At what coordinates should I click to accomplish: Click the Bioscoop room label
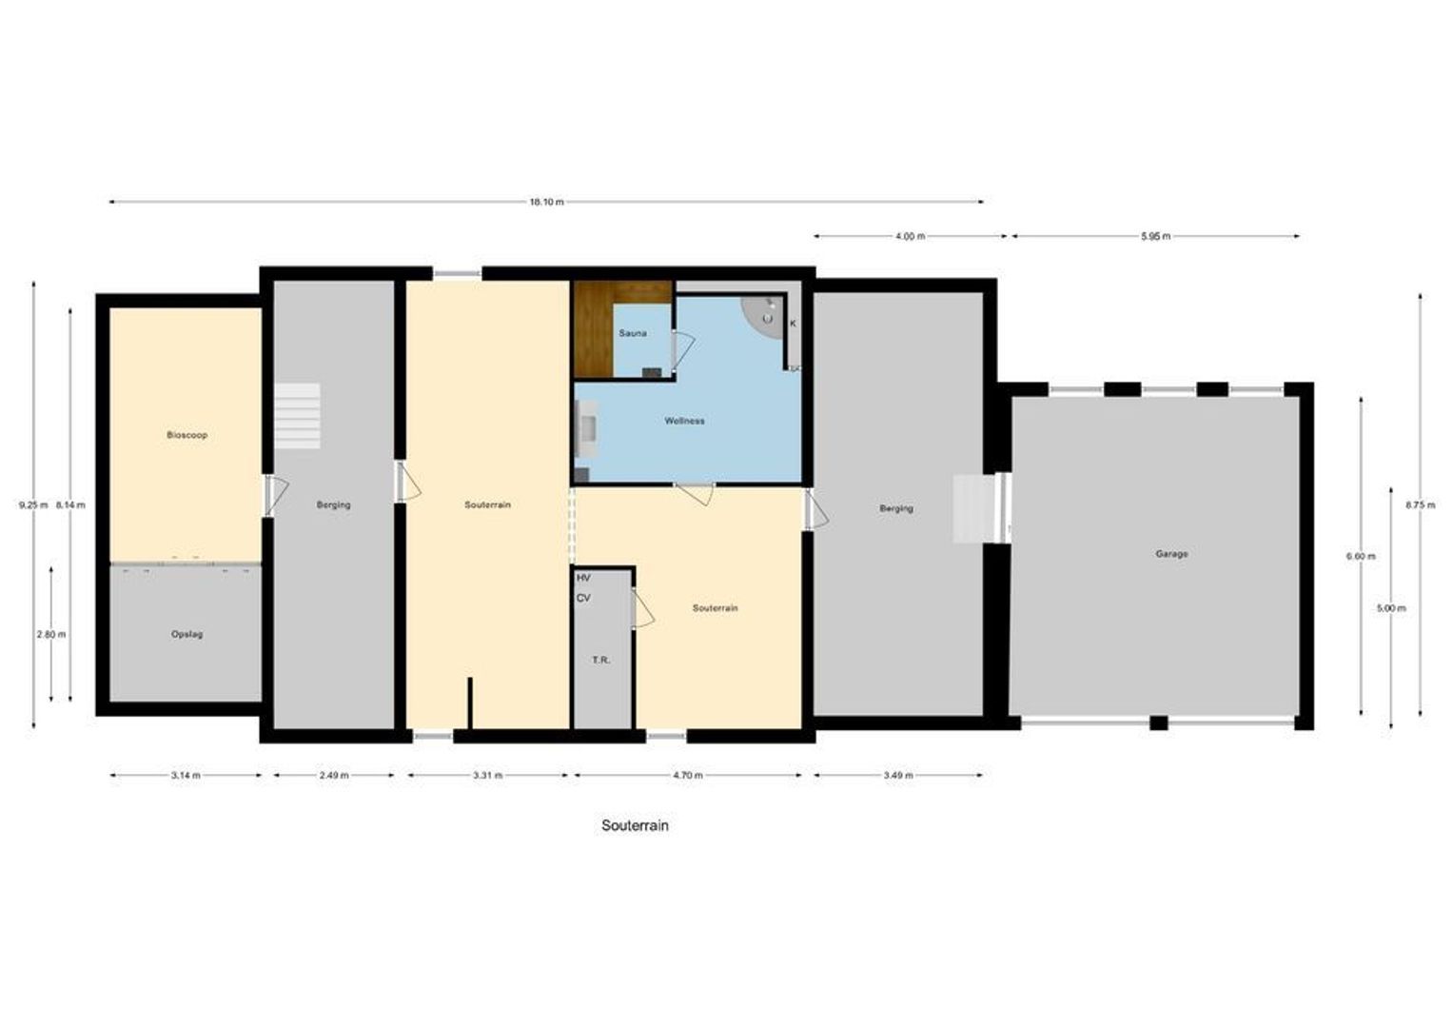pos(187,435)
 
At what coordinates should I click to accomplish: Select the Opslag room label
pos(187,634)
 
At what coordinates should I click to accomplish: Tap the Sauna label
pos(633,333)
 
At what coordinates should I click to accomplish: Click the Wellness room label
pos(684,421)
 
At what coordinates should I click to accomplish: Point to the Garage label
pos(1171,554)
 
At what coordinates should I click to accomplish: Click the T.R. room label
pos(600,660)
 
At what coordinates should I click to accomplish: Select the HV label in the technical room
pos(583,578)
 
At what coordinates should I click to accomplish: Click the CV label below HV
pos(583,598)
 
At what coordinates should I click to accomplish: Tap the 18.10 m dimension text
pos(546,202)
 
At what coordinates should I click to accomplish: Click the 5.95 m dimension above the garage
pos(1155,236)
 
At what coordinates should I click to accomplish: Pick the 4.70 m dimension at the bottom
pos(687,776)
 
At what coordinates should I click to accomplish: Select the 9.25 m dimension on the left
pos(32,505)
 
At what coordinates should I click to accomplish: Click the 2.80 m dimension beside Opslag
pos(51,634)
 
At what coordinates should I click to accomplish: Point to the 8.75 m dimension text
pos(1420,505)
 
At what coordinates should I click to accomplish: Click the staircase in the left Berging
pos(298,416)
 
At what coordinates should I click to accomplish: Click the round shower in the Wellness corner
pos(763,314)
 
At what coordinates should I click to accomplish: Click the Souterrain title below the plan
pos(635,825)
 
